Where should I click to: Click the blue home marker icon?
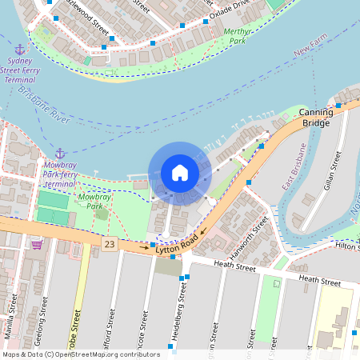[180, 173]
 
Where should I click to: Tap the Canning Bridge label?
[315, 118]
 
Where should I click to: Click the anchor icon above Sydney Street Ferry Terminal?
[20, 50]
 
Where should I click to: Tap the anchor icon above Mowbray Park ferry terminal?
[60, 153]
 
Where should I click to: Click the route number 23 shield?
[109, 242]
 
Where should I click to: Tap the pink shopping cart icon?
[36, 244]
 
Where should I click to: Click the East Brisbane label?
[294, 166]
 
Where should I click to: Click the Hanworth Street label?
[249, 233]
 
